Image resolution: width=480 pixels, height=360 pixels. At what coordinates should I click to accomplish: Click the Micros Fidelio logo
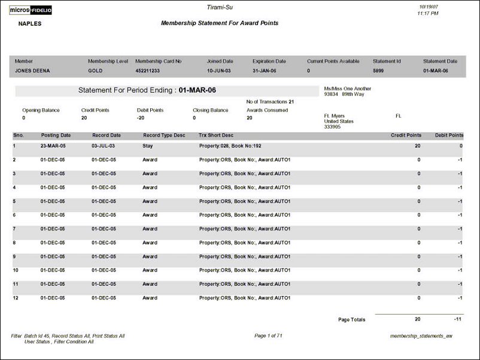[34, 10]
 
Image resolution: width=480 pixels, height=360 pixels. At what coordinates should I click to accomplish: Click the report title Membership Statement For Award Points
[220, 23]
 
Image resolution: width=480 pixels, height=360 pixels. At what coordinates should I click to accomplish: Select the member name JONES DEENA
[32, 71]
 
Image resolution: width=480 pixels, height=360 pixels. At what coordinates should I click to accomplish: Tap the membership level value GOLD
[95, 71]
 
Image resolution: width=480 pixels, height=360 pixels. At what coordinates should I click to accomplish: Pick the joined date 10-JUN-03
[219, 71]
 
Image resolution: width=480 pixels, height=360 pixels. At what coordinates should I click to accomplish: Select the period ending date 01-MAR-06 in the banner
[198, 90]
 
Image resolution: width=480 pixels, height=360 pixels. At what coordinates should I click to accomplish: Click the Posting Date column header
[56, 135]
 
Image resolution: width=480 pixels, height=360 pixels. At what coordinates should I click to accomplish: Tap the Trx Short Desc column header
[216, 135]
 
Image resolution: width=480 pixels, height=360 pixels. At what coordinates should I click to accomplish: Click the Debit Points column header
[449, 135]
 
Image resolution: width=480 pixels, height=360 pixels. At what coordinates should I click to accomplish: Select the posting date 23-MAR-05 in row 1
[56, 146]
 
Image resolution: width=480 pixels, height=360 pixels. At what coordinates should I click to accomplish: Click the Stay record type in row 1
[148, 146]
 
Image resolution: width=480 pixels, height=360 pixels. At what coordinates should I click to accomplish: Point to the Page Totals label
[351, 320]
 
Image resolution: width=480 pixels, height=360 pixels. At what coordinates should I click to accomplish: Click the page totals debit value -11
[457, 319]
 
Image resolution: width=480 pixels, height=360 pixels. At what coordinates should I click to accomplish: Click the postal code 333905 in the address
[332, 127]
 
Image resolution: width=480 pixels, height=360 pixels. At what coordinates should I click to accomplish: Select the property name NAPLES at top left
[30, 24]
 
